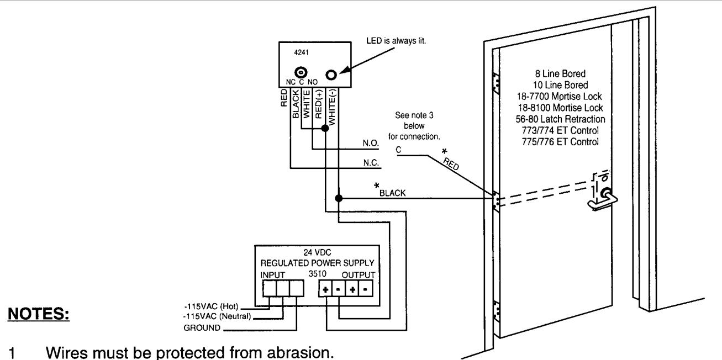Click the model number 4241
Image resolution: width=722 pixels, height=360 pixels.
tap(302, 52)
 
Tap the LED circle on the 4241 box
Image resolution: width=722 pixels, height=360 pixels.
tap(331, 75)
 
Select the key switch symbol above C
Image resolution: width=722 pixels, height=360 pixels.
tap(301, 72)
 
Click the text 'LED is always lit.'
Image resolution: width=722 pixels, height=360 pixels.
tap(396, 41)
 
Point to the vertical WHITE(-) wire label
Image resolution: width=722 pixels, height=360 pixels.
tap(331, 107)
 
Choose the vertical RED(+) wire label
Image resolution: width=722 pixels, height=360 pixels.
tap(318, 104)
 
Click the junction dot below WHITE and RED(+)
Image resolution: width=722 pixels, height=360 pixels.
tap(325, 128)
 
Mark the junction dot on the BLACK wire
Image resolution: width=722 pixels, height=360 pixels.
tap(339, 198)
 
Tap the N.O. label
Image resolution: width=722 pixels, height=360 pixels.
tap(371, 143)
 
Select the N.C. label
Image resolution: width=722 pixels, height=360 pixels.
tap(371, 163)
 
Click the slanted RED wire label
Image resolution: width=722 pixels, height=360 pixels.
tap(451, 164)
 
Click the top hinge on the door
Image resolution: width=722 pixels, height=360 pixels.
tap(496, 83)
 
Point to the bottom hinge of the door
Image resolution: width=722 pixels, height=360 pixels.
tap(497, 311)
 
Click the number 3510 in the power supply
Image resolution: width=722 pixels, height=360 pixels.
tap(318, 274)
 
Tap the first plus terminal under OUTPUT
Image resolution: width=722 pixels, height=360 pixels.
tap(325, 289)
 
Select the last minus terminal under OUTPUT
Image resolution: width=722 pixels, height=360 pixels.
tap(366, 289)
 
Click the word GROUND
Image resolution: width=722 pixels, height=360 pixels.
tap(202, 328)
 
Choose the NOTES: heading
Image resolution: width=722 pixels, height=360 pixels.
tap(38, 314)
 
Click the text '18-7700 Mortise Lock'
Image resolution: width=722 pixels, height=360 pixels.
tap(559, 97)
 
